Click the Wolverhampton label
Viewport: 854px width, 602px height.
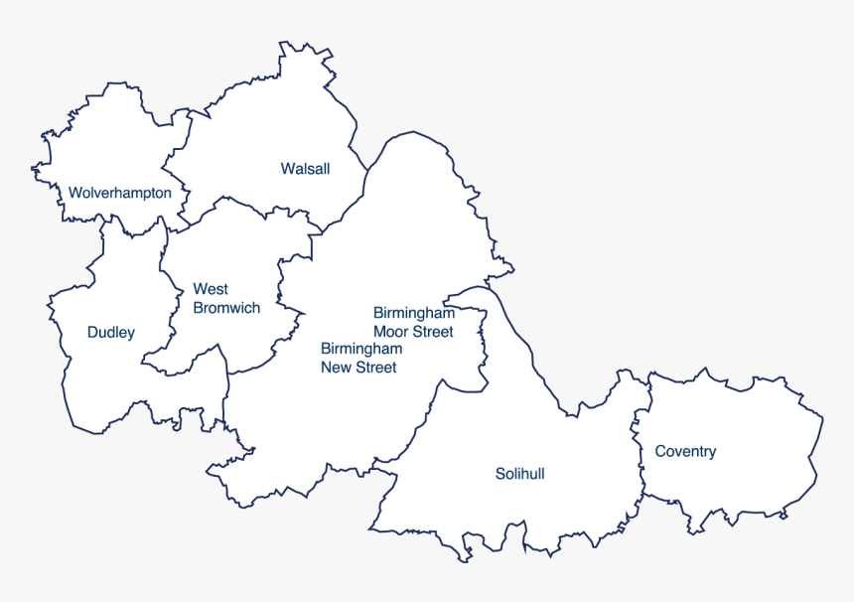119,193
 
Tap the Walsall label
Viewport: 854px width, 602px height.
305,169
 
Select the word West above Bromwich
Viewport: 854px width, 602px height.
210,289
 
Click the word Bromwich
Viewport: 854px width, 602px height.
226,308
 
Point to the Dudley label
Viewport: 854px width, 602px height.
110,332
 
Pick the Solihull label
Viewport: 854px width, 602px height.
519,474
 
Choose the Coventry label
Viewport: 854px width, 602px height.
685,451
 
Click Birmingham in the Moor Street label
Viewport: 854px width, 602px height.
414,313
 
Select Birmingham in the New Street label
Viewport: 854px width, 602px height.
361,349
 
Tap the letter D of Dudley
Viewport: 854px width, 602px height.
92,332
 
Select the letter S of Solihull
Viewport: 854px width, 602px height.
499,474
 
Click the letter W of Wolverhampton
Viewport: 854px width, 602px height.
74,193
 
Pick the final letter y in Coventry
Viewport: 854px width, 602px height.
712,453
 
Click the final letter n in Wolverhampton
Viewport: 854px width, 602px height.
167,193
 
